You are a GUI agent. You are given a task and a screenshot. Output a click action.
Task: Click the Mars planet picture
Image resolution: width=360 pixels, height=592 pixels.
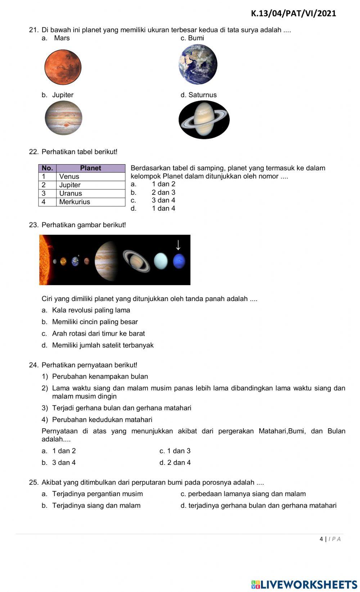tap(63, 67)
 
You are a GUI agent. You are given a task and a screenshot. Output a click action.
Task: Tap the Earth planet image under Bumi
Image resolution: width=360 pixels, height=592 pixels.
tap(198, 64)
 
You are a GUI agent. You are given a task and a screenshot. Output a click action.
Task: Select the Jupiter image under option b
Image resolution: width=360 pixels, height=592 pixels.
tap(63, 118)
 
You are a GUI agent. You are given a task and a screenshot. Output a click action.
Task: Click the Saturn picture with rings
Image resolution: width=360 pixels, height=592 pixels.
tap(204, 120)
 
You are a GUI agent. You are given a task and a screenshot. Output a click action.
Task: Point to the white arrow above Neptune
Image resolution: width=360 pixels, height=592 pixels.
tap(178, 245)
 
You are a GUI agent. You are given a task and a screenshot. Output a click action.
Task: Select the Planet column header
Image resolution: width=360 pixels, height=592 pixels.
tap(90, 168)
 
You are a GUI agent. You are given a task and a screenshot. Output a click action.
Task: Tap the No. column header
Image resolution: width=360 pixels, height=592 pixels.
tap(47, 168)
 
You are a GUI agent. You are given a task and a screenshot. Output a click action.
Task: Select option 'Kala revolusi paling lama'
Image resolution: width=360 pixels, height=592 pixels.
tap(91, 310)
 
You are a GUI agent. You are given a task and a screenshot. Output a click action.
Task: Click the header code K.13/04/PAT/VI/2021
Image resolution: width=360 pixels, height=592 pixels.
tap(293, 14)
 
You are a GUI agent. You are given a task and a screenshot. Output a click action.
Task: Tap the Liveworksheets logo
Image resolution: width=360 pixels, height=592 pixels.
tap(304, 584)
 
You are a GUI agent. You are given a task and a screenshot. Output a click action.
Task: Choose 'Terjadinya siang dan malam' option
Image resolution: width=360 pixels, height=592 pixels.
tap(96, 506)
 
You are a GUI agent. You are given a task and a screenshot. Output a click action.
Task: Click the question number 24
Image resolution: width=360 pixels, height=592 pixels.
tap(33, 365)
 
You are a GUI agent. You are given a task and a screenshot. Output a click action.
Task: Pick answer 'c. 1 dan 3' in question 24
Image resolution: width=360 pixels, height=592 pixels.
tap(175, 451)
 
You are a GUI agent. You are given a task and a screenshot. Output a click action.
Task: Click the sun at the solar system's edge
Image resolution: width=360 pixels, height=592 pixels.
tap(45, 259)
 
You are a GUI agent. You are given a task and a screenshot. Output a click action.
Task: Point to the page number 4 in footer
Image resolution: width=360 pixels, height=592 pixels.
tap(321, 539)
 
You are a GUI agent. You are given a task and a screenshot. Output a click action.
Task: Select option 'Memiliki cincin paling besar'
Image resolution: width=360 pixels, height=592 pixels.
tap(95, 322)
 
